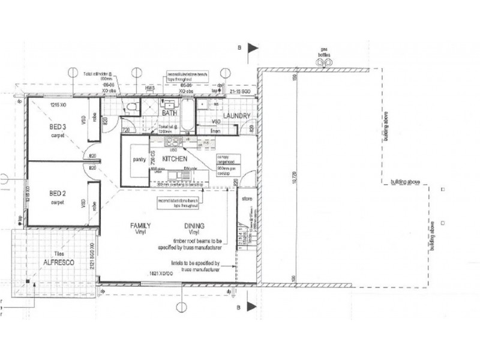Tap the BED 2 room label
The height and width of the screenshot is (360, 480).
click(x=57, y=193)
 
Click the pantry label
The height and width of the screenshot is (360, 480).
click(x=139, y=160)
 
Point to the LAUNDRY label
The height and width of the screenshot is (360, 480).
click(x=236, y=115)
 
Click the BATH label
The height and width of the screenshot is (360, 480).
click(x=169, y=113)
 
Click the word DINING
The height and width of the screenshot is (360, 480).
click(x=195, y=226)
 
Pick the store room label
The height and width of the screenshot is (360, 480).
click(x=246, y=198)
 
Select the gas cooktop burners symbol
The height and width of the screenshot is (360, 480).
click(x=173, y=142)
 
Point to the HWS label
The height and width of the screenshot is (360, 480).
click(x=149, y=88)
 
